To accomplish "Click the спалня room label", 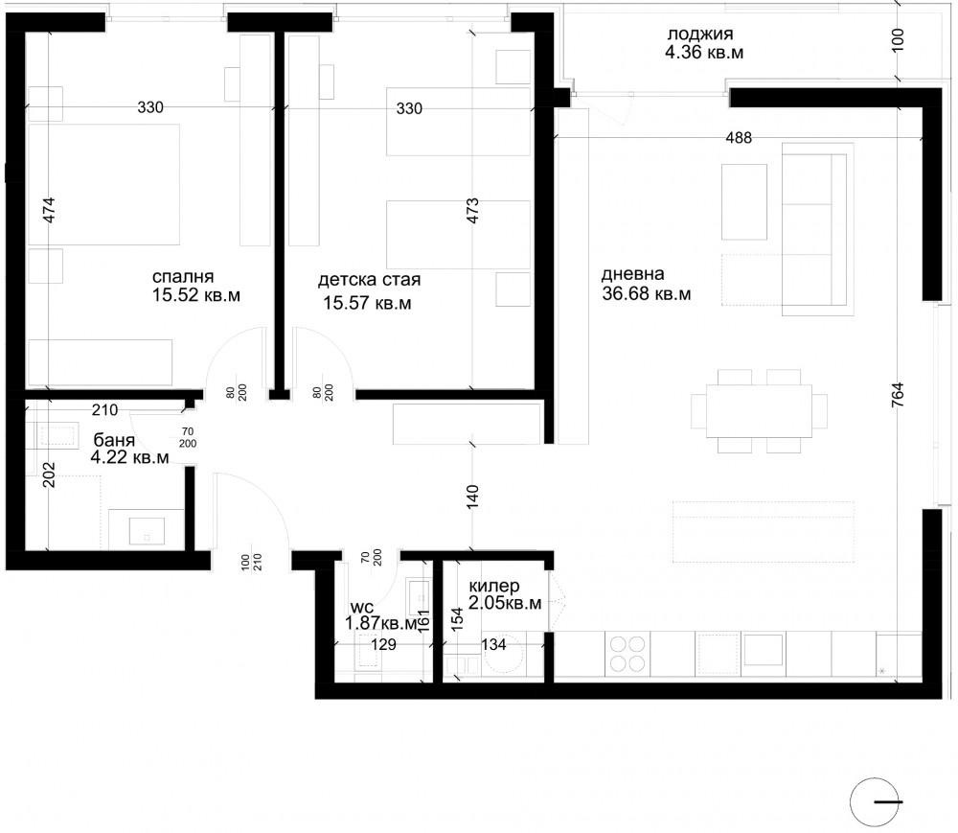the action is [183, 277].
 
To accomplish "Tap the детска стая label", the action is [369, 280].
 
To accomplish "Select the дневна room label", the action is [632, 274].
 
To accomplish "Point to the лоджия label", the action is [699, 35].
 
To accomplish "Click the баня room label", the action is [114, 440].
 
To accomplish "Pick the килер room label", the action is [494, 586].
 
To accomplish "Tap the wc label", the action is [362, 608].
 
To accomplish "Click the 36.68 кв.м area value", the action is [647, 294].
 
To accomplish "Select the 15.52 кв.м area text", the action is [195, 295].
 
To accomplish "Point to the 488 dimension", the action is [739, 138].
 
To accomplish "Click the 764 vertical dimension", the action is [897, 395].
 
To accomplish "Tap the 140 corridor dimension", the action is [472, 497].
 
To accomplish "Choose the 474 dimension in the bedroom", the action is [49, 210].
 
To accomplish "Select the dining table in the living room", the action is [759, 410].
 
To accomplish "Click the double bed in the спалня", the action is [103, 185].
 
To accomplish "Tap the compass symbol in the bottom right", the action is [876, 801].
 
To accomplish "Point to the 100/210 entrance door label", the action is [250, 562].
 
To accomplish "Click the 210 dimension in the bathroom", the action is [104, 409].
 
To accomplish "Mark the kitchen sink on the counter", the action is [763, 650].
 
